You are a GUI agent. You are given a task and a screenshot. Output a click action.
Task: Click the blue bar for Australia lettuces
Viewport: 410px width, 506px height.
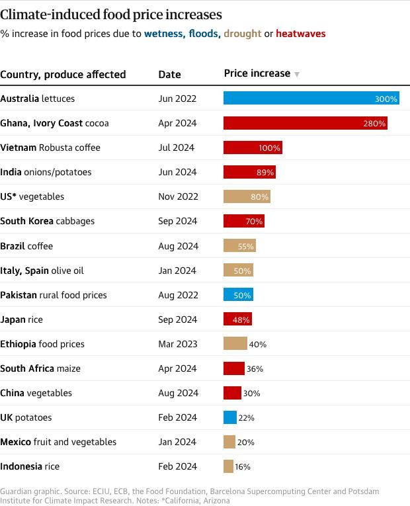point(311,99)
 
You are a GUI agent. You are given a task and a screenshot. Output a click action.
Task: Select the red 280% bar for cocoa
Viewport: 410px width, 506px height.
point(306,123)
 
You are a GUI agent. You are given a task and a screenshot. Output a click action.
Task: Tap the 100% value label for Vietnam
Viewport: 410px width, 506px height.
point(270,148)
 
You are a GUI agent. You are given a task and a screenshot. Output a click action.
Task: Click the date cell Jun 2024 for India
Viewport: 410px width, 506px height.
point(177,172)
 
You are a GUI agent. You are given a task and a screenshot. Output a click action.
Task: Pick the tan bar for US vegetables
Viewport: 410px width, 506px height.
point(247,196)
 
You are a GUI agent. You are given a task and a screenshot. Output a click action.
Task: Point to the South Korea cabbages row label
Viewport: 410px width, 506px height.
point(47,221)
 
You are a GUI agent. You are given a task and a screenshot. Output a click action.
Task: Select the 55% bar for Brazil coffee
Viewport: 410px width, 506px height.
point(239,246)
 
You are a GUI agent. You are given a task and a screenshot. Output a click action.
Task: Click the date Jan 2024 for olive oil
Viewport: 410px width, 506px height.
point(177,271)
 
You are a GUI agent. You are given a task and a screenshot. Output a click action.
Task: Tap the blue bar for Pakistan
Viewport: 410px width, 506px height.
point(238,295)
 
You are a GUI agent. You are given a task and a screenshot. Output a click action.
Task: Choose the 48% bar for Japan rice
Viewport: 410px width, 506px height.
point(237,319)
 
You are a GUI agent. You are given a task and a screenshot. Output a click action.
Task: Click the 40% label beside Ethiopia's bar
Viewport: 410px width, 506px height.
point(257,345)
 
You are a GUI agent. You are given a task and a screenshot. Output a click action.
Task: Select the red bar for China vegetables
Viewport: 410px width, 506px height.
point(232,393)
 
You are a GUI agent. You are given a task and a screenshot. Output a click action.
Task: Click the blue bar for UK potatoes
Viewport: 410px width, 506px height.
point(229,417)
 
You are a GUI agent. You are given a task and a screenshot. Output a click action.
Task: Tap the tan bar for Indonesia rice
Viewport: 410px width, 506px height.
point(228,466)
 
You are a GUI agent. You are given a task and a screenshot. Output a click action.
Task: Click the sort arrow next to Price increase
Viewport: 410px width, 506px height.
point(297,74)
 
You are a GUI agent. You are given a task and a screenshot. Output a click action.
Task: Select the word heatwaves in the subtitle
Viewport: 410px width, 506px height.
point(300,33)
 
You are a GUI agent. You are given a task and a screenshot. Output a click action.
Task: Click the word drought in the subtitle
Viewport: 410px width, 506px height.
point(243,33)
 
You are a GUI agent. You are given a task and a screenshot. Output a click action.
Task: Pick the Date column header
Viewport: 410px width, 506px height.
point(169,74)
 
